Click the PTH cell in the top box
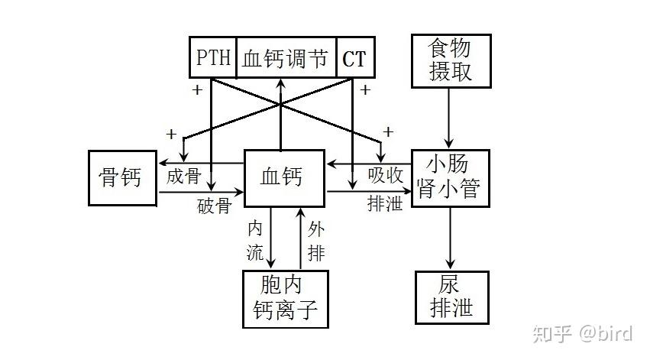tap(213, 58)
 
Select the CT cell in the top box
tap(354, 58)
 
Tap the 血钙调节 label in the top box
tap(285, 58)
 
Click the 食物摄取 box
tap(449, 60)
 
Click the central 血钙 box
tap(284, 177)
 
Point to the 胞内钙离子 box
tap(284, 297)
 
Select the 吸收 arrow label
tap(385, 176)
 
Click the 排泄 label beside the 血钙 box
tap(385, 204)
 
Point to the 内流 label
tap(255, 238)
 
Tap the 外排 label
tap(316, 240)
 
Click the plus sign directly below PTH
tap(197, 90)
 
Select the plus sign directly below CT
tap(365, 90)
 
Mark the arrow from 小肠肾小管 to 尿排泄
tap(449, 237)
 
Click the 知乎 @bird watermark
tap(582, 333)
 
